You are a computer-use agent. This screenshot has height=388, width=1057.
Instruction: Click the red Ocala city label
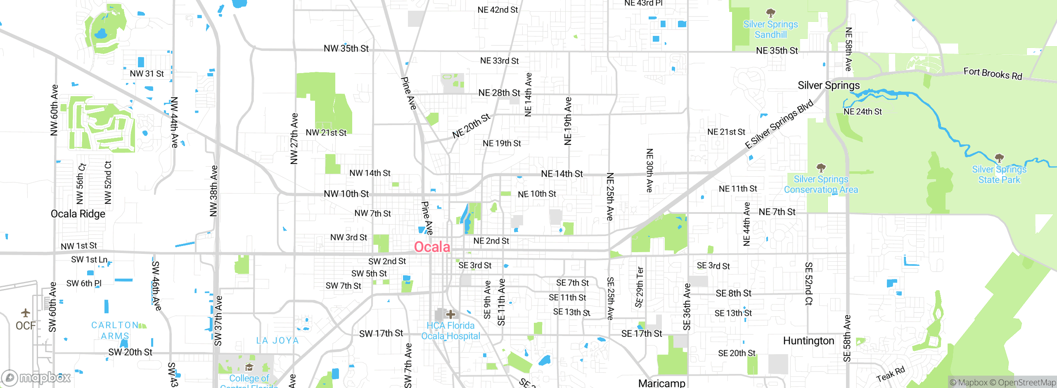(432, 247)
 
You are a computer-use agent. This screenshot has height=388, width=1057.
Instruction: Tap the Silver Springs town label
(828, 85)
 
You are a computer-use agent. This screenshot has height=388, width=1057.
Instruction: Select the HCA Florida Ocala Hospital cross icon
(450, 314)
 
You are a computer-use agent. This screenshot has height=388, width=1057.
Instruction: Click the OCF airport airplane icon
(26, 312)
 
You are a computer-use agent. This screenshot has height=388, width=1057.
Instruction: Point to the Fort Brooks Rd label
(993, 73)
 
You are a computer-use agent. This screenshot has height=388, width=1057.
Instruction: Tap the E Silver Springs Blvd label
(779, 124)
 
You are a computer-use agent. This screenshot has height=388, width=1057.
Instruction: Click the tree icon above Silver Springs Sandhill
(770, 12)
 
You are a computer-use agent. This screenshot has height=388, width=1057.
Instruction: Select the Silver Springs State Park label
(999, 175)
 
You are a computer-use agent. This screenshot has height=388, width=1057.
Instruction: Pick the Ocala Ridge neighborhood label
(78, 214)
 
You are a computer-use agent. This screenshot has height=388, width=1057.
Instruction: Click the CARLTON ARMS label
(115, 330)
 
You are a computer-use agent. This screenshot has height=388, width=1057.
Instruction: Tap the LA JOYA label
(277, 341)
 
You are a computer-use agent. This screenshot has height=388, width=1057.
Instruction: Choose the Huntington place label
(808, 341)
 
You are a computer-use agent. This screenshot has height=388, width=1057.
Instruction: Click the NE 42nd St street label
(498, 10)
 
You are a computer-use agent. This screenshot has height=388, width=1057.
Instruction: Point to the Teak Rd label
(890, 374)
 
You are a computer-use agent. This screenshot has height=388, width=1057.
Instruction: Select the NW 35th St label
(346, 48)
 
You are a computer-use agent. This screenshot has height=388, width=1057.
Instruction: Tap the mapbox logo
(36, 377)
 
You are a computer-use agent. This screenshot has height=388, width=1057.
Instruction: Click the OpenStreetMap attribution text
(1022, 383)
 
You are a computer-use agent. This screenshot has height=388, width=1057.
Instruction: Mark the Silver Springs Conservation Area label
(821, 185)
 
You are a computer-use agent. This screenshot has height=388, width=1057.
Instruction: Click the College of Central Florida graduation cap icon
(249, 367)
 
